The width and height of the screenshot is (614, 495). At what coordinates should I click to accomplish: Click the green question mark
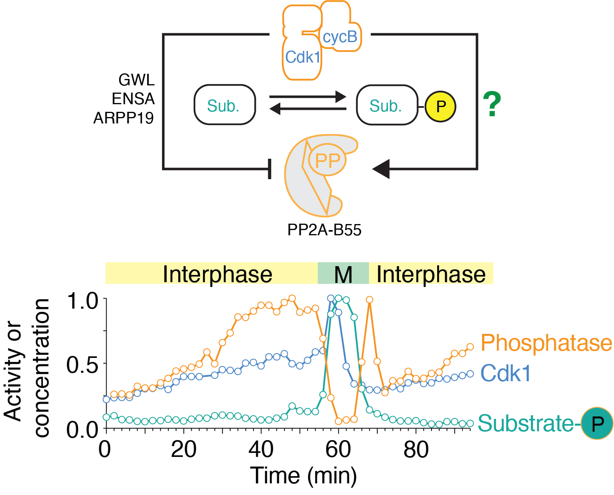point(492,104)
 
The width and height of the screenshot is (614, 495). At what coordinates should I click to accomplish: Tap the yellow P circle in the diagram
point(440,106)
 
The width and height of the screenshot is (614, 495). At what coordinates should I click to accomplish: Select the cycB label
point(340,37)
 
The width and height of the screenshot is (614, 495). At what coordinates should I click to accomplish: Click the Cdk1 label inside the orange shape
point(303,57)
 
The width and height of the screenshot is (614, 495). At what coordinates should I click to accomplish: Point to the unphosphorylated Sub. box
point(225,105)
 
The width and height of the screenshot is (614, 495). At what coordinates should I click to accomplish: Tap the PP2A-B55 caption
point(324,230)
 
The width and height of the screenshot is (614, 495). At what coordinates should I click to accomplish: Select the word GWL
point(136,80)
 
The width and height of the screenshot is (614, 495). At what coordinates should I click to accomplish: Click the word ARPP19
point(124,118)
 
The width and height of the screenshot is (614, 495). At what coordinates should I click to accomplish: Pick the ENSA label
point(133,99)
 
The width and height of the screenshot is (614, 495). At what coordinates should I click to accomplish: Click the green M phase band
point(343,274)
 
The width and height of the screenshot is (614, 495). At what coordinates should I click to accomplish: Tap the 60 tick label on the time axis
point(338,450)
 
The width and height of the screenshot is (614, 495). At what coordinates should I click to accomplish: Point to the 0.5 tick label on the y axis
point(82,365)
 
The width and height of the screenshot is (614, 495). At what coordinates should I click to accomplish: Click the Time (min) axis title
point(303,476)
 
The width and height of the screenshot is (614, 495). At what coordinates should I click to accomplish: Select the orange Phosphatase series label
point(546,343)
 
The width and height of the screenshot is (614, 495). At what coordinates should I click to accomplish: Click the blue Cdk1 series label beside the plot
point(505,374)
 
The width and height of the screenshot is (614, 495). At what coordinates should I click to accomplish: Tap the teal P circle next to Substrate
point(597,423)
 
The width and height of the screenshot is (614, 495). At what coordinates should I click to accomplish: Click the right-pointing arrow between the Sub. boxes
point(307,97)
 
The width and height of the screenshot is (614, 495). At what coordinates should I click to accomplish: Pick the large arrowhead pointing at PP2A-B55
point(381,169)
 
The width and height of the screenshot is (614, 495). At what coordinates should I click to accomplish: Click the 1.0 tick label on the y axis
point(82,301)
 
